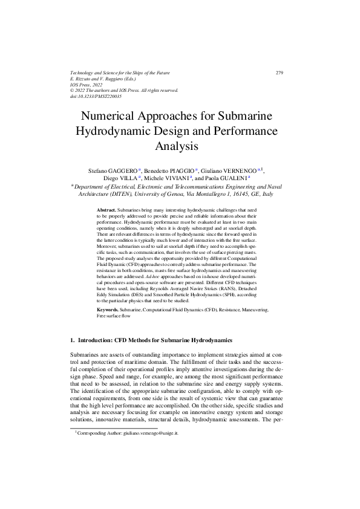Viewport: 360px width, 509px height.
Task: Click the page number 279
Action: click(x=279, y=73)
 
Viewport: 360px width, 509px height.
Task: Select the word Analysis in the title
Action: click(x=180, y=146)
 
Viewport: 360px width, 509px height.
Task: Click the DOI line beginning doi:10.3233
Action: click(x=96, y=96)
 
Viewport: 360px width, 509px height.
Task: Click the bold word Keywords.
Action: click(x=108, y=309)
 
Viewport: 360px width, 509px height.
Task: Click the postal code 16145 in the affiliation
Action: click(x=237, y=195)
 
